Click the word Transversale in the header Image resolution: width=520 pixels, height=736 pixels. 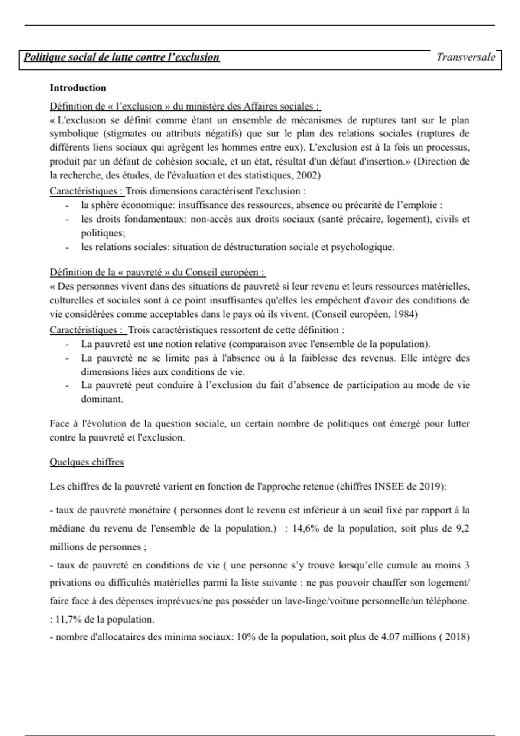click(x=465, y=57)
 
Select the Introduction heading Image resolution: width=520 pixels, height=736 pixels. click(x=78, y=88)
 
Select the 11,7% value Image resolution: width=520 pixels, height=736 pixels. click(x=69, y=620)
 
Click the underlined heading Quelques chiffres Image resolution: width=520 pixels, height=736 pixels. click(x=87, y=462)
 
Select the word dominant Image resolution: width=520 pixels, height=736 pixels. click(x=102, y=399)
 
